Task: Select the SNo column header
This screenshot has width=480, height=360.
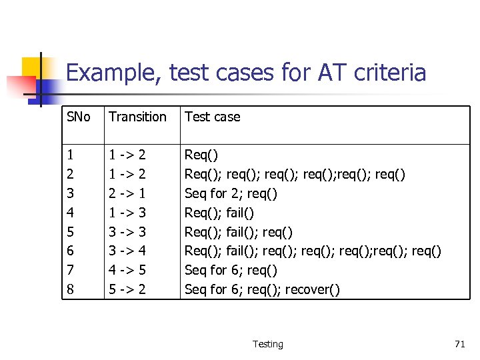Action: pos(78,117)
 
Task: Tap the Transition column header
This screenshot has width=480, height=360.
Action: pos(137,117)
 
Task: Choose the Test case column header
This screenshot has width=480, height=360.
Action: pos(212,117)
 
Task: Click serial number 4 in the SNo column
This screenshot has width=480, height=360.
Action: pos(70,213)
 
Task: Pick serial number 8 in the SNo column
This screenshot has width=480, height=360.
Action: pos(70,289)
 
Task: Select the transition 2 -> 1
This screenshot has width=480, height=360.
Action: pos(127,193)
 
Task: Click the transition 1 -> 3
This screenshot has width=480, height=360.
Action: pos(127,213)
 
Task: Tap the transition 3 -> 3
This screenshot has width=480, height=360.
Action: pos(127,232)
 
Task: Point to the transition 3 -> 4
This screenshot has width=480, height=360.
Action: pos(127,251)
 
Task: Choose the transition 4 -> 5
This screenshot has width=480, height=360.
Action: pos(127,270)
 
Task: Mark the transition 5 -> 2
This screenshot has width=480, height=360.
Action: pos(127,289)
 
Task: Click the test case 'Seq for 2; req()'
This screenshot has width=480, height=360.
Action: pos(231,193)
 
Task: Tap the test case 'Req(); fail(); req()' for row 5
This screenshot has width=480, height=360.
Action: pos(238,232)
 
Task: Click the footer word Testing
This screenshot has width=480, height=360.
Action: pos(267,344)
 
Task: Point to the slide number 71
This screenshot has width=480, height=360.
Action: pos(459,344)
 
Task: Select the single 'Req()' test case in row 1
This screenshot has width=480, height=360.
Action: pos(201,155)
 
